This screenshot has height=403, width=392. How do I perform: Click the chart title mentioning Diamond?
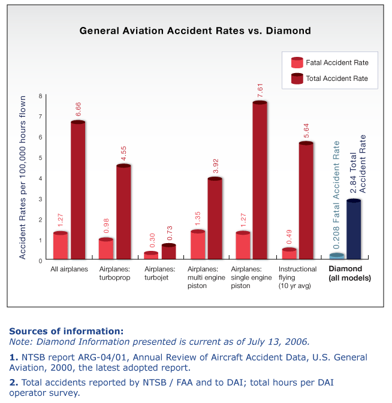pos(195,31)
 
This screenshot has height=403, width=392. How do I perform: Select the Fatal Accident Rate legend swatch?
pos(297,62)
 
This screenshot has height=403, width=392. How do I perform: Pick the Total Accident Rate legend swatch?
pos(297,78)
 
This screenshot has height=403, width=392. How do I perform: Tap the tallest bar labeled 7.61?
pos(260,180)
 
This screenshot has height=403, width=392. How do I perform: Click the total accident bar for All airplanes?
pos(78,189)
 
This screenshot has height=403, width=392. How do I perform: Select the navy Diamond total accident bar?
pos(354,229)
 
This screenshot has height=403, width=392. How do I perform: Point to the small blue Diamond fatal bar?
pos(337,256)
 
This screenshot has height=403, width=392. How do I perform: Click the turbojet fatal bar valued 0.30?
pos(151,255)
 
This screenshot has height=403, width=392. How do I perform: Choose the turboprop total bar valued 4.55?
pos(123,211)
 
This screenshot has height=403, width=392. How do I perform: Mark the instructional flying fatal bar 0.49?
pos(289,253)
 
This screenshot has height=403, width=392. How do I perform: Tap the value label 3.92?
pos(216,166)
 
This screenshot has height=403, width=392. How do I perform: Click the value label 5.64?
pos(306,131)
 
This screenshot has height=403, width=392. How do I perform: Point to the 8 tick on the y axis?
pos(40,96)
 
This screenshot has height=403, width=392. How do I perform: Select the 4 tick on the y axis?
pos(40,178)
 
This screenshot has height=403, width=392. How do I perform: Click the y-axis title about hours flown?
pos(23,178)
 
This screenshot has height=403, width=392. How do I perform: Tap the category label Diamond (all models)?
pos(349,273)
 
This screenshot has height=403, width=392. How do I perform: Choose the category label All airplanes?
pos(69,269)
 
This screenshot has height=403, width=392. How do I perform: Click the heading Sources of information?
pos(67,331)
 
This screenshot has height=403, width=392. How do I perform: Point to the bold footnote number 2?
pos(14,383)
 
